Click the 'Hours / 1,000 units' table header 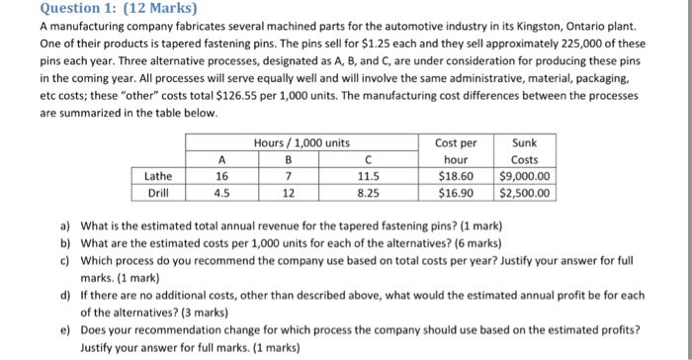click(x=302, y=142)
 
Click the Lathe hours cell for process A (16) click(x=221, y=176)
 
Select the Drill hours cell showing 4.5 click(x=221, y=193)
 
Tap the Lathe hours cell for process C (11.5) click(x=366, y=176)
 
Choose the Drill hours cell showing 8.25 click(x=366, y=193)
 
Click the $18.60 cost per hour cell click(x=456, y=176)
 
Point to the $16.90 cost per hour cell click(x=456, y=193)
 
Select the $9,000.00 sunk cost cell click(x=525, y=176)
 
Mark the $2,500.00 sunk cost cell click(x=525, y=193)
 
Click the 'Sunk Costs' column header click(x=525, y=150)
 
